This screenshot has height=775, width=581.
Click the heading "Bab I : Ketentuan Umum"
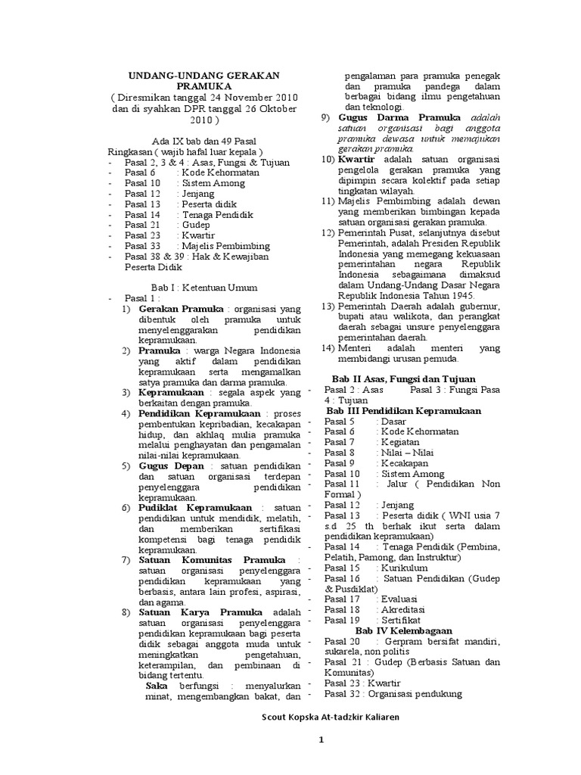coord(204,288)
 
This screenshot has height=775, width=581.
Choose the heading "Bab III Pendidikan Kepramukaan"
coord(408,410)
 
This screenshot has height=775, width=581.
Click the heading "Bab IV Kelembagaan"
coord(403,630)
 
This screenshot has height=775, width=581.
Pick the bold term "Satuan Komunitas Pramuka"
coord(212,559)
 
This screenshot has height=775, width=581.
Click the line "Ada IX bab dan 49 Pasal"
coord(204,142)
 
